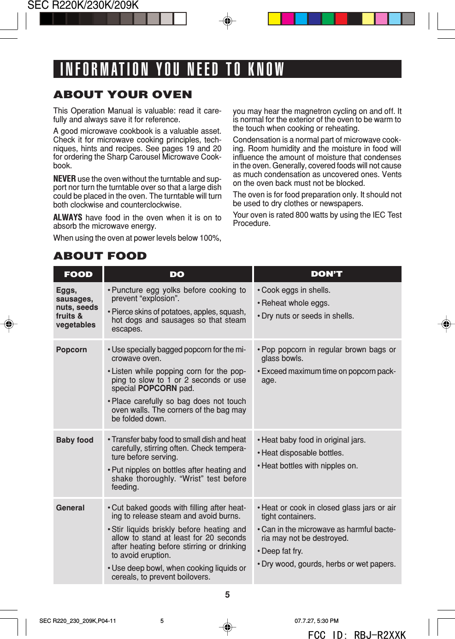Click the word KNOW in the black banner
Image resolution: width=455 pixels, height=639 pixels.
point(266,69)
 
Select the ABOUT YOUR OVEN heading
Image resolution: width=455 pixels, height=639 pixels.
point(123,95)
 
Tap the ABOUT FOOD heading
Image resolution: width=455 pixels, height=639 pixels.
point(100,256)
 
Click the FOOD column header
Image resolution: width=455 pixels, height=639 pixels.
point(78,274)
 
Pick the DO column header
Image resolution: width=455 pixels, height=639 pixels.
point(177,274)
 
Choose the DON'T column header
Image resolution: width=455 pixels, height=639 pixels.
point(326,274)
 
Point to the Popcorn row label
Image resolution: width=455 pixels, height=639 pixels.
point(71,349)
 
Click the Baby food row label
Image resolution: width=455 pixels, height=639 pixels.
point(75,440)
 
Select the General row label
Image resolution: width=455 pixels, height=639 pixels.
point(70,508)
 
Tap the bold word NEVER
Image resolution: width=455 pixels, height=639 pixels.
point(65,179)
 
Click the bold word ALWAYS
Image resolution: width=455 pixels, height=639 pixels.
point(68,218)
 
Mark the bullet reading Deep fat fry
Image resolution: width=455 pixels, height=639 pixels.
point(282,551)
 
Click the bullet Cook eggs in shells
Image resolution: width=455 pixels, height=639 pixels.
point(295,290)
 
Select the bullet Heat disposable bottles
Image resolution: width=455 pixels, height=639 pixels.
point(302,453)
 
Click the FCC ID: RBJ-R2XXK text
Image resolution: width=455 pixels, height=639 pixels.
point(357,635)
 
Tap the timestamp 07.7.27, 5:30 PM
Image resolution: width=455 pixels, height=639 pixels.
point(316,621)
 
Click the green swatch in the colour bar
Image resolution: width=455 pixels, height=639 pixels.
point(328,18)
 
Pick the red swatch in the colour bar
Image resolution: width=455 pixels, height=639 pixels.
point(341,18)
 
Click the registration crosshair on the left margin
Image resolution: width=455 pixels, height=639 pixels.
point(9,324)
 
